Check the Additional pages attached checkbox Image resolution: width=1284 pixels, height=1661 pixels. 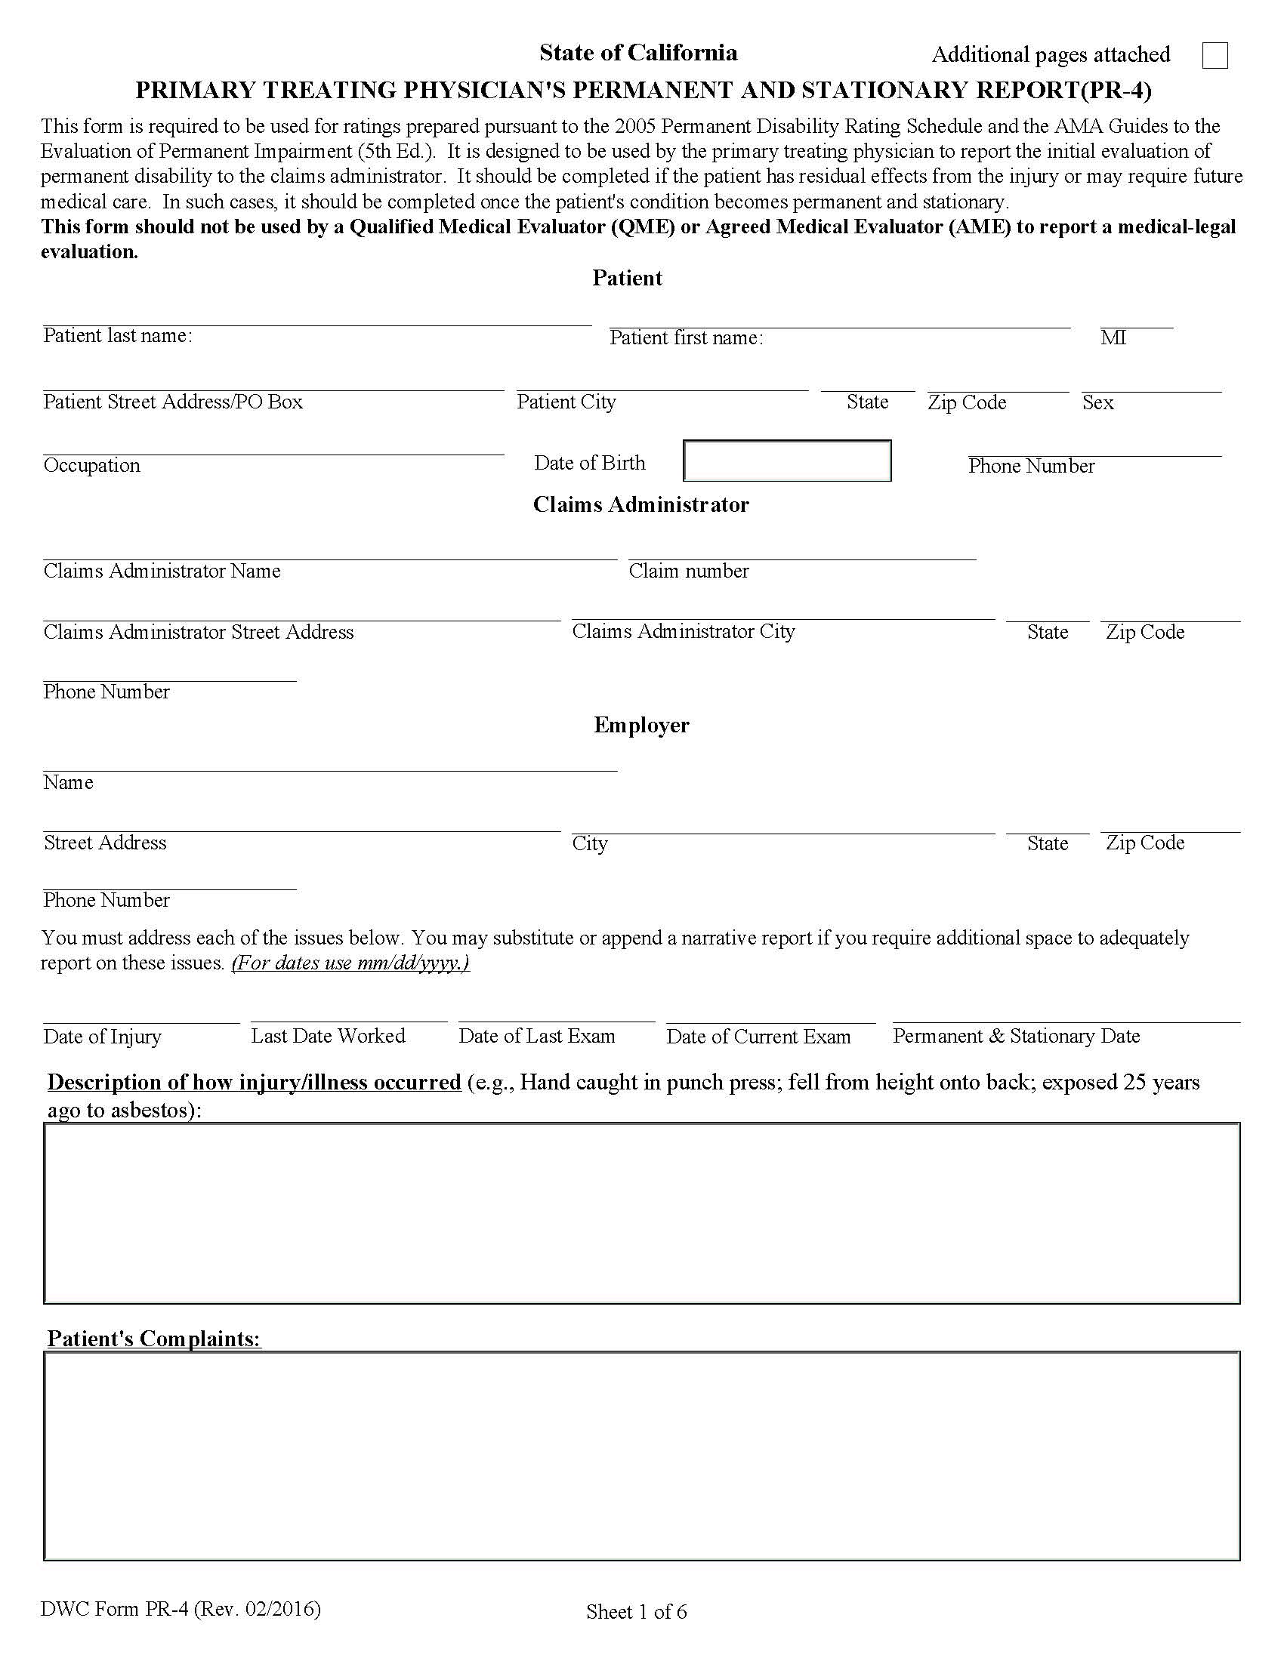click(x=1215, y=56)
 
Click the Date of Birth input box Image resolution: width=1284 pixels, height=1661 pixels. click(x=787, y=461)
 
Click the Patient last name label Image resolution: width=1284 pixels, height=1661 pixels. click(x=118, y=336)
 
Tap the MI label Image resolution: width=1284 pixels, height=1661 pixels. click(x=1113, y=337)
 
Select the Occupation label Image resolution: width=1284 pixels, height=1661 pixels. click(x=92, y=465)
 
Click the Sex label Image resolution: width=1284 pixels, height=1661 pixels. click(x=1097, y=402)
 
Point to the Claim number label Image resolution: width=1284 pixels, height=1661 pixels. click(x=688, y=572)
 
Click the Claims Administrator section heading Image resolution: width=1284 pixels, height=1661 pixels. click(x=640, y=505)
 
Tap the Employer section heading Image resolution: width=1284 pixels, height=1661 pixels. click(x=641, y=725)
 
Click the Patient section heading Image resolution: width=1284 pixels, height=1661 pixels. click(x=627, y=279)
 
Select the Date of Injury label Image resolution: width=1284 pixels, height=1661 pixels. click(x=103, y=1037)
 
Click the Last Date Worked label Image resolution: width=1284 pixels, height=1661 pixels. click(x=328, y=1036)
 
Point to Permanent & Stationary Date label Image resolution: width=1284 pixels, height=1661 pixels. click(x=1015, y=1036)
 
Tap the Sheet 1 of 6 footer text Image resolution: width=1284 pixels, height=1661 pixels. click(x=636, y=1612)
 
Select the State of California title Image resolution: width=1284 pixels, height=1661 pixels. click(x=638, y=53)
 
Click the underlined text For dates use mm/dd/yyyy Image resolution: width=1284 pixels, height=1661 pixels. click(x=350, y=963)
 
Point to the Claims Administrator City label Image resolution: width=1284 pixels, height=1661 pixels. click(x=683, y=631)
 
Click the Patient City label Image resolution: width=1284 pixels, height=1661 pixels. click(x=566, y=402)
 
